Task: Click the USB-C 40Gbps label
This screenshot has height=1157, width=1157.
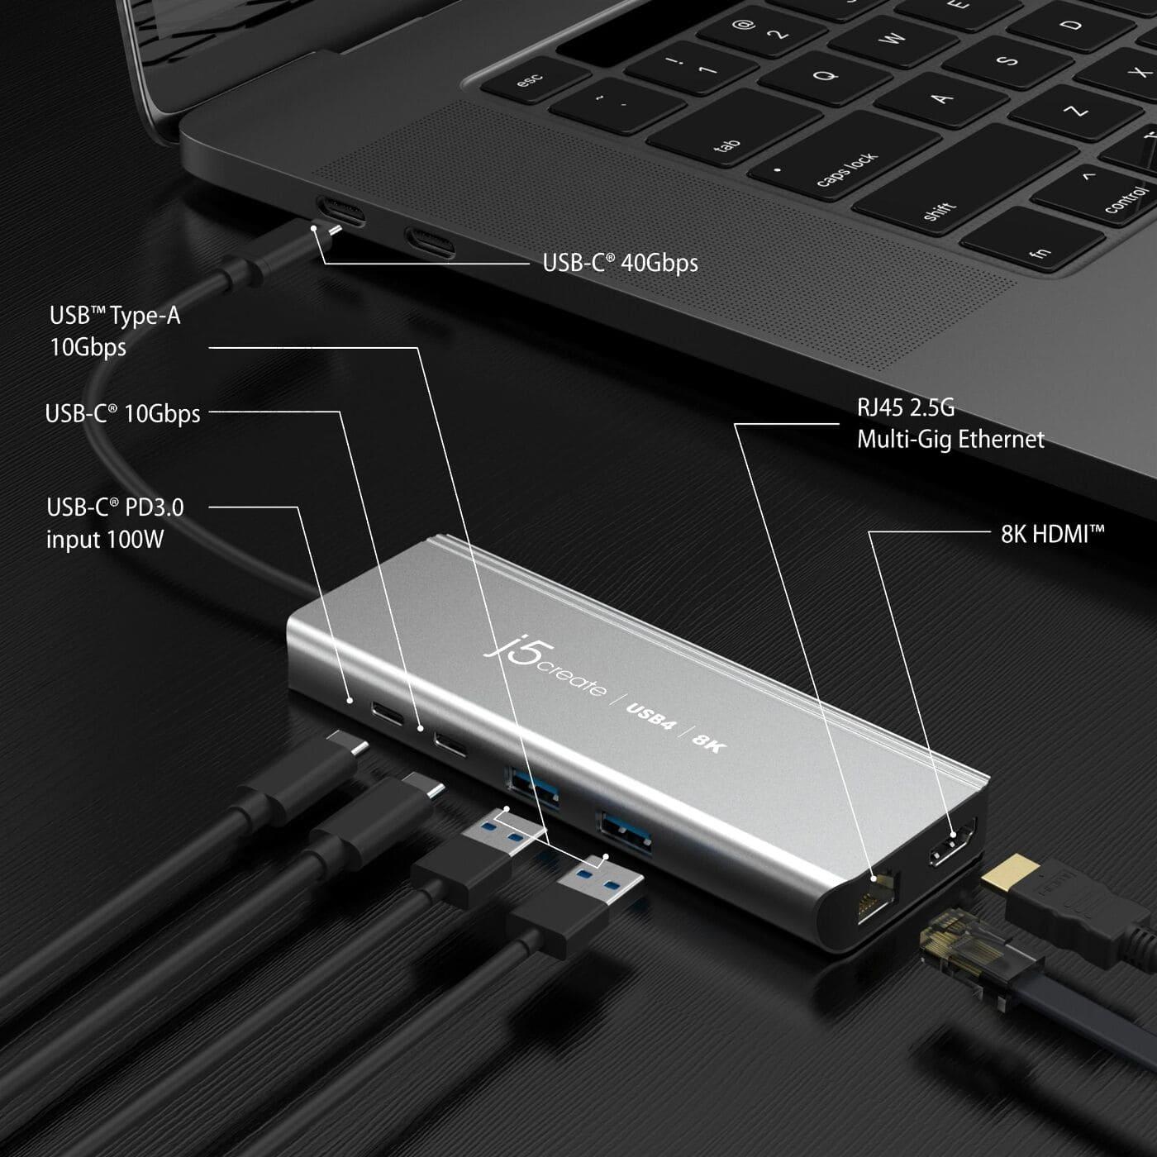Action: tap(620, 263)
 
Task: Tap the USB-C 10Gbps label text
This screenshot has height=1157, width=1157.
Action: tap(122, 413)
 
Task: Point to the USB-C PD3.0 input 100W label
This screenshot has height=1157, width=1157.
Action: tap(114, 523)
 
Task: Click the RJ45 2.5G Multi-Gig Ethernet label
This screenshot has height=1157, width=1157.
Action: tap(950, 423)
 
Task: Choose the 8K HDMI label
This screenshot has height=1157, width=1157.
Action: tap(1052, 534)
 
